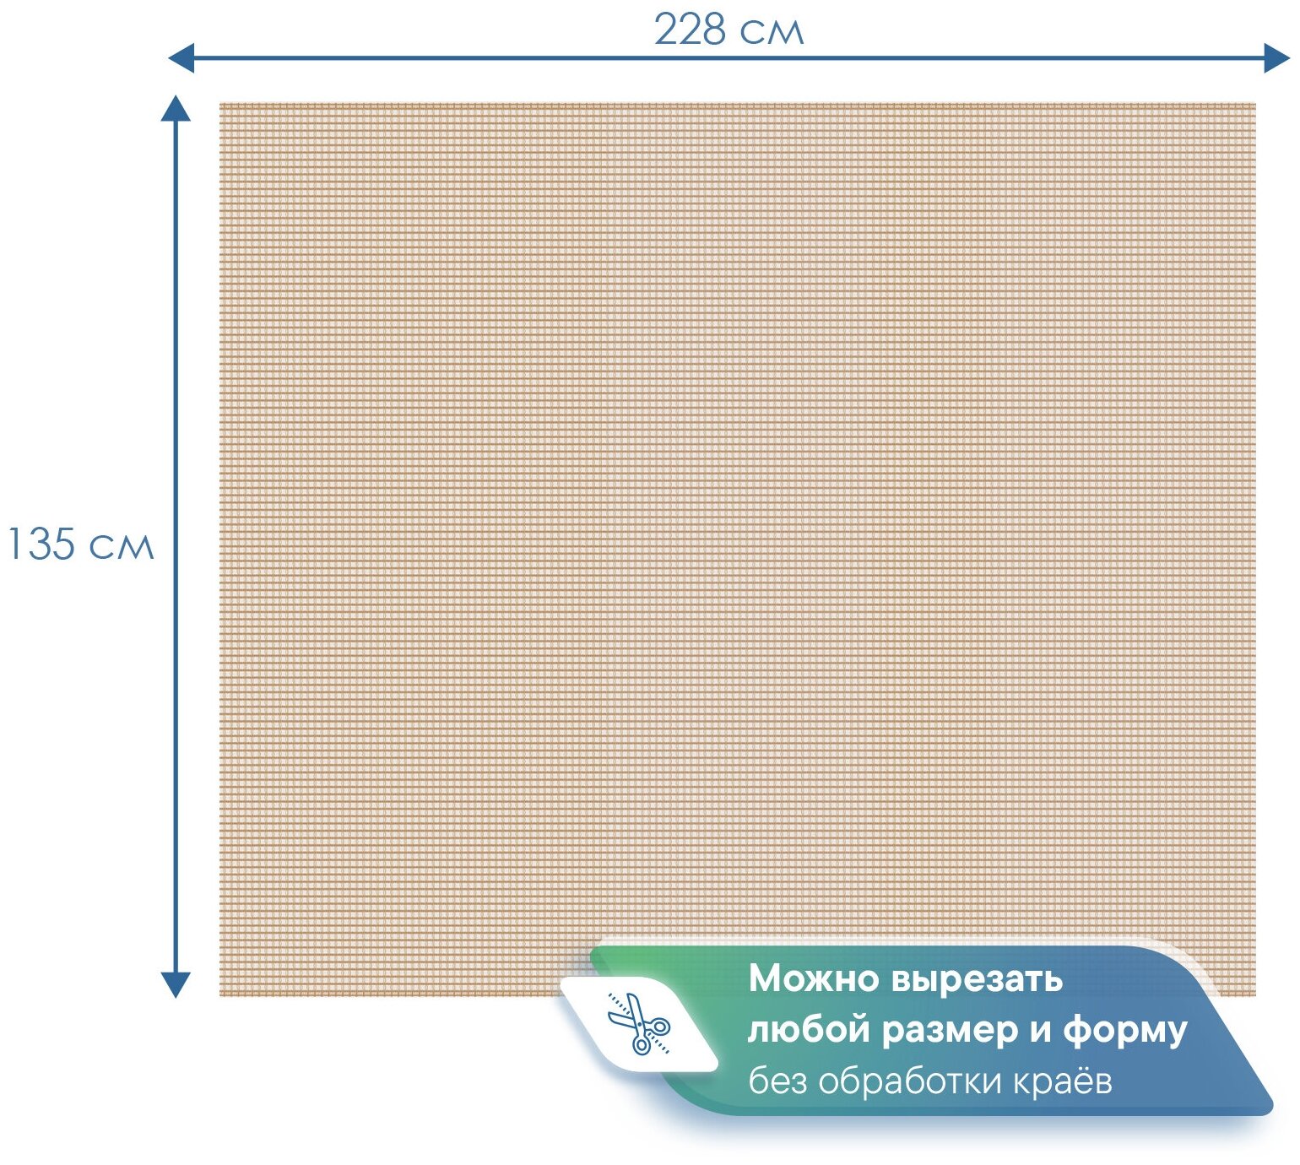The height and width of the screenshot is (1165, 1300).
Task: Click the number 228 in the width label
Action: tap(690, 30)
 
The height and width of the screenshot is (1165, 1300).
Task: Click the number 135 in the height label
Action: tap(41, 545)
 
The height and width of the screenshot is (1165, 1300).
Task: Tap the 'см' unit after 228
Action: tap(772, 33)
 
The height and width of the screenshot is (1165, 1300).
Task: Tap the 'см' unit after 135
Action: tap(122, 547)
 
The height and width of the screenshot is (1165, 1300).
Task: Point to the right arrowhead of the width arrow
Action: tap(1277, 58)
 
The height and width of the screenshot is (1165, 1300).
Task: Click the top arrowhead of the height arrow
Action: tap(176, 107)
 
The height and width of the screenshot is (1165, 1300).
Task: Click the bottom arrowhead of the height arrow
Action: tap(176, 985)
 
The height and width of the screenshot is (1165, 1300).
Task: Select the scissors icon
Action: tap(639, 1024)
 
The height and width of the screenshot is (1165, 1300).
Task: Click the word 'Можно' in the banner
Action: tap(814, 979)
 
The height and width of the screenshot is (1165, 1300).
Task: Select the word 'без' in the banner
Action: tap(778, 1081)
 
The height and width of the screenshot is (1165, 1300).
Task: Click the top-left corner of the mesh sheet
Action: tap(220, 104)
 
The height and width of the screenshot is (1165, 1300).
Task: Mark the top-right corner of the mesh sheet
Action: tap(1255, 104)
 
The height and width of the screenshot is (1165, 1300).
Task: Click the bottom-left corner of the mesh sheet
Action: tap(220, 995)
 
